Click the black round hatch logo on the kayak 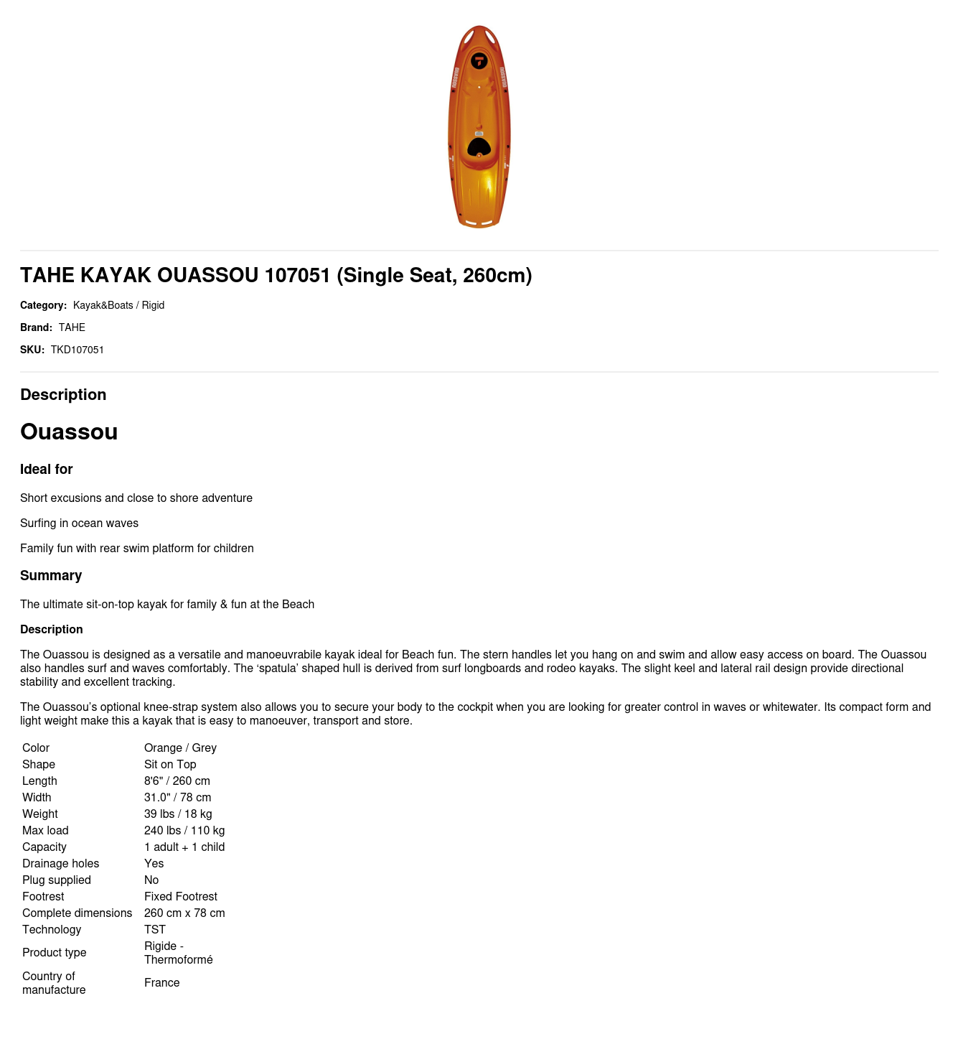(x=479, y=61)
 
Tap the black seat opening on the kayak (x=479, y=148)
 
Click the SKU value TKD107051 (x=78, y=350)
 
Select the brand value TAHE (x=72, y=327)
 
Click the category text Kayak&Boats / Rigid (x=118, y=305)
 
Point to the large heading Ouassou (x=69, y=432)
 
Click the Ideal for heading (x=47, y=469)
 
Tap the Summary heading (x=51, y=575)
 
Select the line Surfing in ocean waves (x=79, y=523)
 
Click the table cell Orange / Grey (x=180, y=748)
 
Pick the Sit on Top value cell (x=170, y=764)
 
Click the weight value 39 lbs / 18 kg (x=178, y=814)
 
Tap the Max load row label (x=45, y=830)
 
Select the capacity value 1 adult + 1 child (x=184, y=847)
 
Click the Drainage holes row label (x=60, y=863)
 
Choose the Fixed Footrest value (x=180, y=896)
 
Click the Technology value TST (x=154, y=929)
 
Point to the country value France (x=161, y=982)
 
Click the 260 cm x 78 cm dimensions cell (x=184, y=913)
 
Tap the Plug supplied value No (x=151, y=880)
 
